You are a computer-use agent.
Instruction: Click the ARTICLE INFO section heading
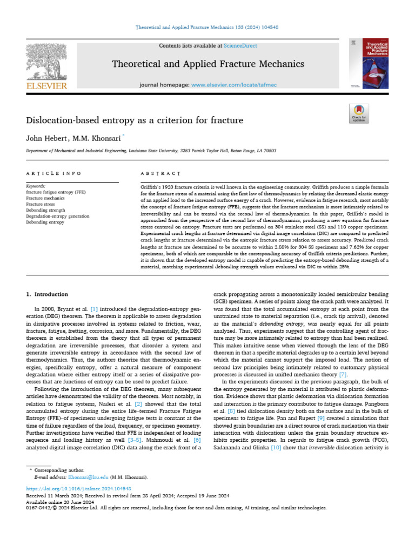(54, 173)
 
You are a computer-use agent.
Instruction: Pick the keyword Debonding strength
(45, 211)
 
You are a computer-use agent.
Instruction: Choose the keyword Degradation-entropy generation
(57, 216)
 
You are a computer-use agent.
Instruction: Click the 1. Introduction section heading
(48, 294)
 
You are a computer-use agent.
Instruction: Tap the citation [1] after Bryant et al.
(93, 308)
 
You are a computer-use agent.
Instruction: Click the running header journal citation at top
(207, 28)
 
